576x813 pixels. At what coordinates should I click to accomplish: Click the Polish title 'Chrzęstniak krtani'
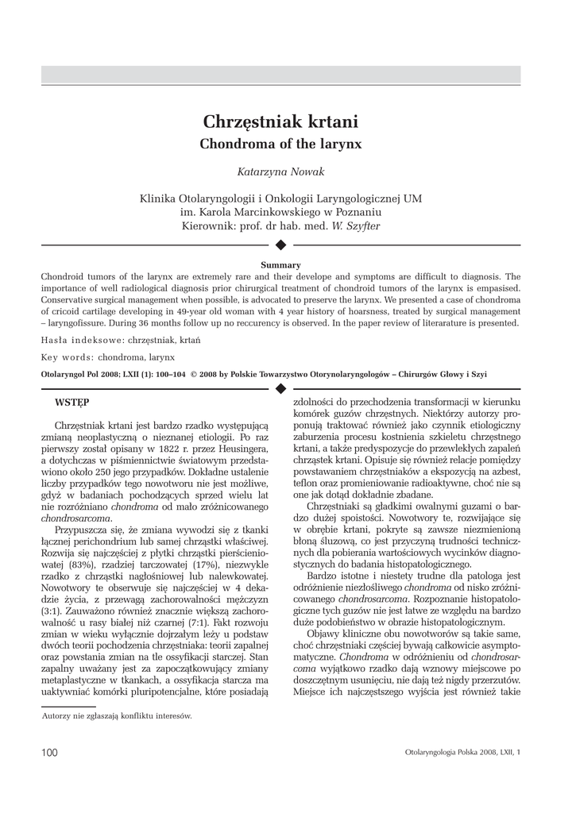pyautogui.click(x=280, y=121)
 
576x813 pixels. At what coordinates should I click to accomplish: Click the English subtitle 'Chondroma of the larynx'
pyautogui.click(x=280, y=144)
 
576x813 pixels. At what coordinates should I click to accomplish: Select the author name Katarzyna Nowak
pyautogui.click(x=280, y=172)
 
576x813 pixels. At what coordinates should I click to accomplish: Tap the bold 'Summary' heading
pyautogui.click(x=280, y=264)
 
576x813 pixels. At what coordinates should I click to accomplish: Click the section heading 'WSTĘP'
pyautogui.click(x=72, y=402)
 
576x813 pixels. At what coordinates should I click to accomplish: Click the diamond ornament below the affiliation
pyautogui.click(x=280, y=245)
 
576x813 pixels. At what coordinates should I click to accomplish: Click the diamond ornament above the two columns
pyautogui.click(x=280, y=387)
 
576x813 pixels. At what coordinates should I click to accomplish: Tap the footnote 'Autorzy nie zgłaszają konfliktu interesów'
pyautogui.click(x=116, y=715)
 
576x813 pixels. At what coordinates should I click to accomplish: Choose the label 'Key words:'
pyautogui.click(x=69, y=356)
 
